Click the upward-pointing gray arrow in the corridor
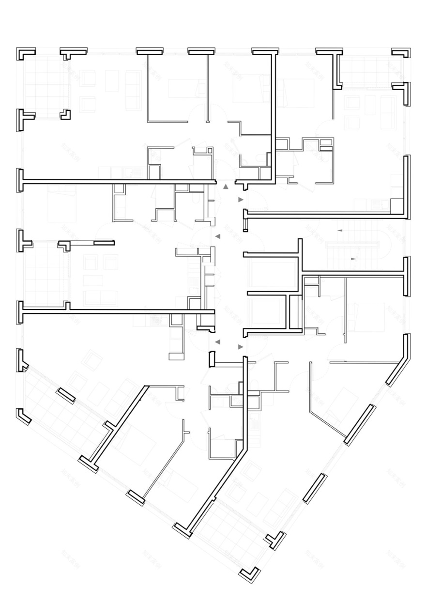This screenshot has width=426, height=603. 225,186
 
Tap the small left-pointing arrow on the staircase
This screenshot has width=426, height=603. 340,230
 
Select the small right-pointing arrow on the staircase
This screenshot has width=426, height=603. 353,259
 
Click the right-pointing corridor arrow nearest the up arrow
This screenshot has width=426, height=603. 241,200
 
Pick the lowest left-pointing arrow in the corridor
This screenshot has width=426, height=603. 217,342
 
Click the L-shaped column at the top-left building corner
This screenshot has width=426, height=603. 24,52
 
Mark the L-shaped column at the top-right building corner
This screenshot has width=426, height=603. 402,52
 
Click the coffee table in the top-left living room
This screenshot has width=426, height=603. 112,80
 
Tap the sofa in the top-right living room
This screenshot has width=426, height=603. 388,112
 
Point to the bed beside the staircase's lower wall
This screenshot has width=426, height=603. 365,317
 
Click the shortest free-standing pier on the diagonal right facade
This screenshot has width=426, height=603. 315,488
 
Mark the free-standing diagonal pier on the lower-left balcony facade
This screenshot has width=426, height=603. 65,395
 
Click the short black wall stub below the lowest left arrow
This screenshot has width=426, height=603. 212,359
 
